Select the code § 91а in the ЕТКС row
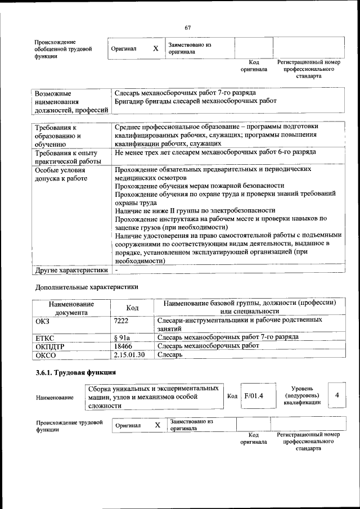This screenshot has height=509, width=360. (x=122, y=337)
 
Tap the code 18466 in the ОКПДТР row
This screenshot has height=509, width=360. (x=123, y=346)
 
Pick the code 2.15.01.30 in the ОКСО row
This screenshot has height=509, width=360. (x=129, y=355)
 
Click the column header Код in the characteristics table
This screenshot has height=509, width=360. (x=132, y=308)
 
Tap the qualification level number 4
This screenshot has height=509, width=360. (x=336, y=395)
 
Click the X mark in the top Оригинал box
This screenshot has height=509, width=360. (x=155, y=49)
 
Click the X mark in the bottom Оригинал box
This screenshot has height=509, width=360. (x=158, y=425)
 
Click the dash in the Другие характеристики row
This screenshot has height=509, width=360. (x=116, y=270)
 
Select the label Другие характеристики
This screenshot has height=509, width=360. (x=71, y=270)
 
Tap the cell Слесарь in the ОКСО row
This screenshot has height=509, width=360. (x=169, y=355)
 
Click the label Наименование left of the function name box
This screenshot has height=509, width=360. (x=55, y=397)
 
